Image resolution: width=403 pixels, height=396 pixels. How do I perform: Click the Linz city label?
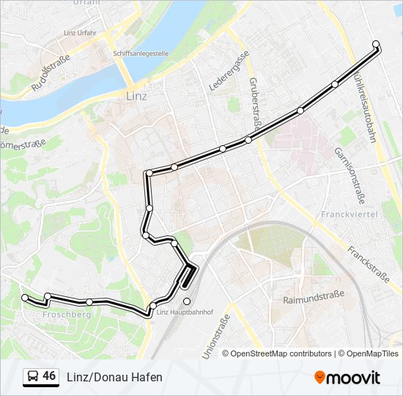pos(137,96)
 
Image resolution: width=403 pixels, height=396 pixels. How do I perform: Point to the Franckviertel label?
pos(349,214)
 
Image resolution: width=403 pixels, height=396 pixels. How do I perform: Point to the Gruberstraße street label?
pos(256,105)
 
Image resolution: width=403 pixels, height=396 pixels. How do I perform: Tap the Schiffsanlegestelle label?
pos(141,54)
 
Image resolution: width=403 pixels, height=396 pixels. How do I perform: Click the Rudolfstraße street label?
pos(50,73)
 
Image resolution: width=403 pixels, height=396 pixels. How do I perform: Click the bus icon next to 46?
pos(32,376)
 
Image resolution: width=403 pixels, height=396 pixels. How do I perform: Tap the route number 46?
pos(49,376)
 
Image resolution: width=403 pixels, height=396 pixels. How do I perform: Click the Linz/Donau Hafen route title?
pos(114,377)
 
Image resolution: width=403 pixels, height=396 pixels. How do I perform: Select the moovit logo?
pos(347,377)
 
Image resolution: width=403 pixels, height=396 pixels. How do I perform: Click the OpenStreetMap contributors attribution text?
pos(281,353)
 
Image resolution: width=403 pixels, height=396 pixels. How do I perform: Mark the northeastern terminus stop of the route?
pos(376,45)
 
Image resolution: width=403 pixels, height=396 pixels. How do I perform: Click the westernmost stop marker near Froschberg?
pos(26,298)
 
